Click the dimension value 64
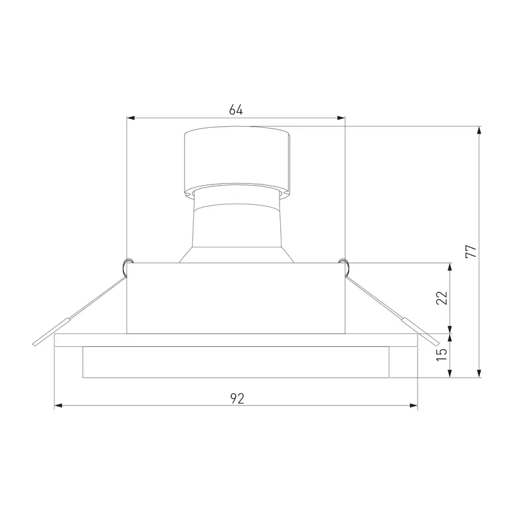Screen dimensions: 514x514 (x=236, y=110)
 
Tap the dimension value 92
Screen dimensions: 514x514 (x=237, y=398)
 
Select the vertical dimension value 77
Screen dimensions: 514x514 (x=471, y=251)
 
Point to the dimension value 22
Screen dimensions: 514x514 (x=441, y=297)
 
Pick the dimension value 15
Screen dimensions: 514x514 (x=441, y=355)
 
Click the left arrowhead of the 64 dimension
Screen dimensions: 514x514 (x=131, y=118)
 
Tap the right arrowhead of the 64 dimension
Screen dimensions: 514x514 (x=341, y=118)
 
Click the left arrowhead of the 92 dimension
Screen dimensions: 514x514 (x=58, y=406)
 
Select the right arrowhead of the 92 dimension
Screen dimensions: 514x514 (x=413, y=406)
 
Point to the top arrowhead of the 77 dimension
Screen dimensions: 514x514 (x=479, y=130)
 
